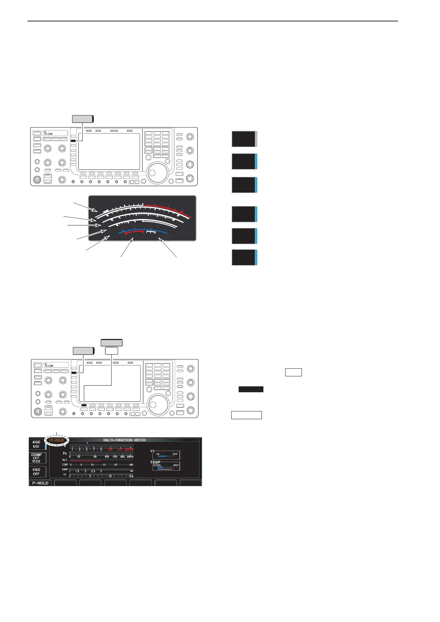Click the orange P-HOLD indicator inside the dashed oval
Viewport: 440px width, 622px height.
pos(57,440)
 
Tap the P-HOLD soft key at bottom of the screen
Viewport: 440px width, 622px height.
pos(40,483)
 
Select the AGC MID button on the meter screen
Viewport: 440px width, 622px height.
pos(36,444)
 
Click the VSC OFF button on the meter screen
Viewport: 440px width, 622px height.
pos(36,472)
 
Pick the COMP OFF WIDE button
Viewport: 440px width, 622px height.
pos(36,458)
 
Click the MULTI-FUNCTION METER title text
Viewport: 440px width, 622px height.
pos(125,440)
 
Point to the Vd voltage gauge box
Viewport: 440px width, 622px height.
pos(166,455)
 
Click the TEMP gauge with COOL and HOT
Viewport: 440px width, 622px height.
pos(166,466)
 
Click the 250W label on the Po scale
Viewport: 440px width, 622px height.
pos(130,457)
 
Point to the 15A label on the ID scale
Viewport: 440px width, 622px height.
pos(130,476)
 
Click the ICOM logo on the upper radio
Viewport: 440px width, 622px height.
pos(48,134)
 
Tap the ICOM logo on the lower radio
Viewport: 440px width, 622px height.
pos(49,366)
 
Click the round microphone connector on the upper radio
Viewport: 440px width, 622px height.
pos(37,180)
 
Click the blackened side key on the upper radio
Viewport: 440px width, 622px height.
pos(73,141)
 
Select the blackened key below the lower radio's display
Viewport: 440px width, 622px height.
pos(85,405)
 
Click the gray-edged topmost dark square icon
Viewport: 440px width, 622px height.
pos(244,139)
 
